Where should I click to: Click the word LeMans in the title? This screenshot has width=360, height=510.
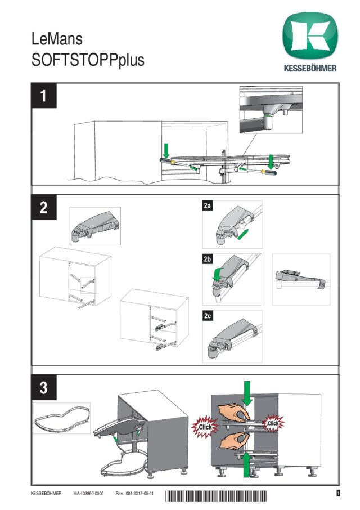click(58, 39)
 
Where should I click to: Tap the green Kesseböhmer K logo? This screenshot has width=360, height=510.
click(310, 37)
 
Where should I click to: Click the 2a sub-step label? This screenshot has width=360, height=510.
click(207, 207)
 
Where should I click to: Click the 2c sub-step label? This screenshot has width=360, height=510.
click(207, 315)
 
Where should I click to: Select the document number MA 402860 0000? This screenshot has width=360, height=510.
click(88, 494)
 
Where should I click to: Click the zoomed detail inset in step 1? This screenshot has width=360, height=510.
click(271, 109)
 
